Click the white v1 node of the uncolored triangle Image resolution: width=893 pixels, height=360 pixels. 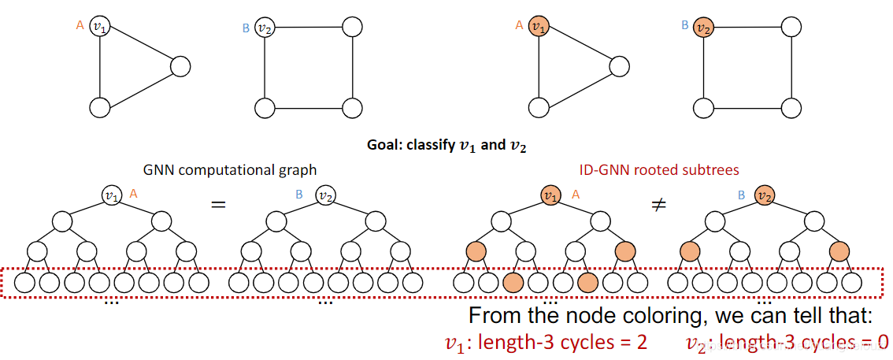coord(100,27)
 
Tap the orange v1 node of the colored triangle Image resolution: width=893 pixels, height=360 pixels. coord(539,27)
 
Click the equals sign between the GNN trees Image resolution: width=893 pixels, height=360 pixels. coord(218,203)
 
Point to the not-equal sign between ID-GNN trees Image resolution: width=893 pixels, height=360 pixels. coord(657,203)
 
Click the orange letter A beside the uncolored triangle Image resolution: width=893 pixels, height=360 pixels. coord(80,25)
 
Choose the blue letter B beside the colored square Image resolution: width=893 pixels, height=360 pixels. coord(684,25)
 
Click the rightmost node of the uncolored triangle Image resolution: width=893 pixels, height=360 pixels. coord(181,66)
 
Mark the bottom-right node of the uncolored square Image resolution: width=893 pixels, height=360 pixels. coord(352,106)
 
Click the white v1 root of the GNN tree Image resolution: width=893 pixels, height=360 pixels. coord(111,194)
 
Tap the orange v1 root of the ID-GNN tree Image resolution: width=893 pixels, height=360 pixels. coord(550,194)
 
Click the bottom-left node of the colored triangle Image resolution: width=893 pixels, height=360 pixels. coord(539,106)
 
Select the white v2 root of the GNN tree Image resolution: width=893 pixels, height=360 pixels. coord(324,194)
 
